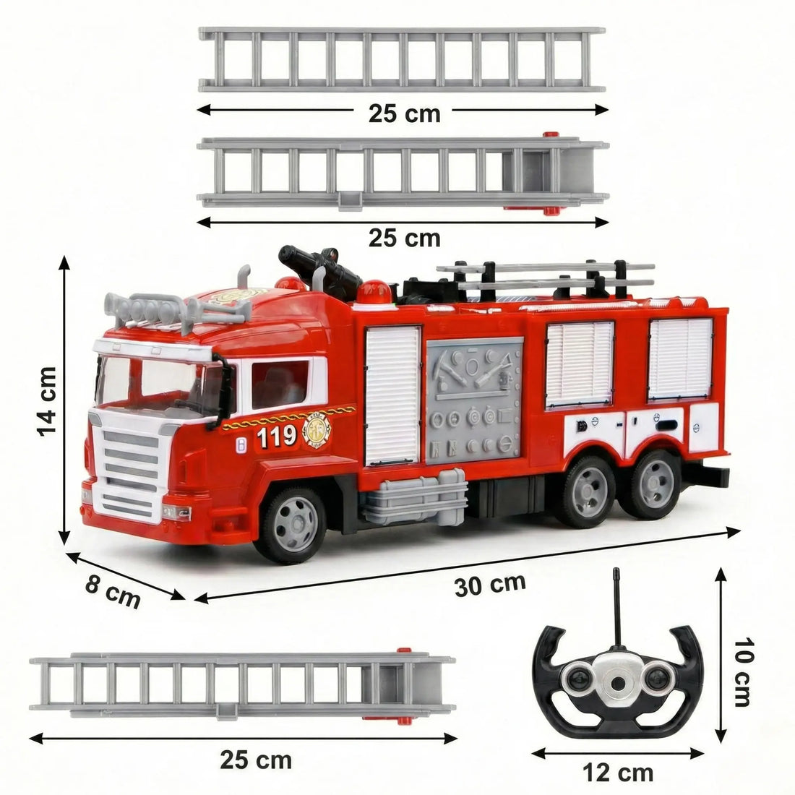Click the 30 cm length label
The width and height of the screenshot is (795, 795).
click(x=490, y=584)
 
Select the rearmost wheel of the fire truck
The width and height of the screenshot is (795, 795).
click(x=655, y=480)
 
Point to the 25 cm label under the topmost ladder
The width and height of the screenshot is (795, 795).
click(x=403, y=113)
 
